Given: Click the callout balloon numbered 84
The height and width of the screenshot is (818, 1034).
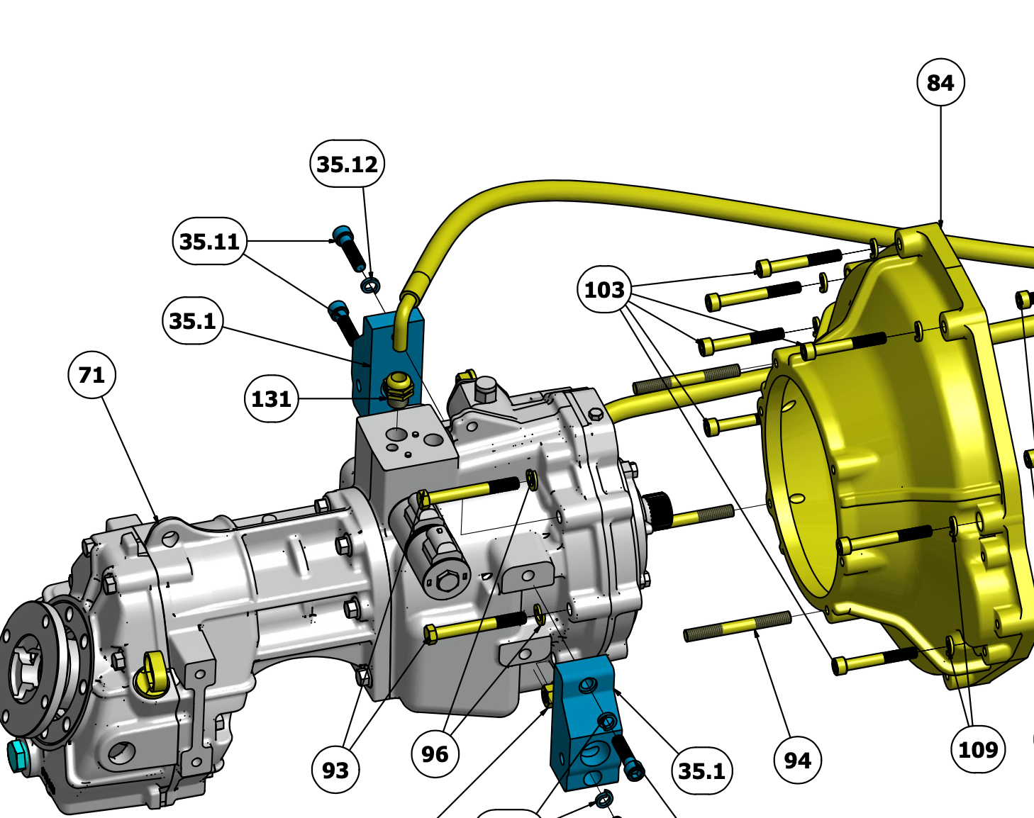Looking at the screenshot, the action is coord(940,82).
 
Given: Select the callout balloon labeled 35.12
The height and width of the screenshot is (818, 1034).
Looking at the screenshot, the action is coord(347,164).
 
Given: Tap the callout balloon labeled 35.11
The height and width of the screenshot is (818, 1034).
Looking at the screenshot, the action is coord(209,241).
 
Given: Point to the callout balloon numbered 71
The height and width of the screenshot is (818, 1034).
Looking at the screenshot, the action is coord(91,375).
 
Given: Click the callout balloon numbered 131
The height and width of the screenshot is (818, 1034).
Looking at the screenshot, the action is coord(271,398).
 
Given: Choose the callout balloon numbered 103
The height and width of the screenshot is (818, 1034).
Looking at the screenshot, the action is coord(604,289).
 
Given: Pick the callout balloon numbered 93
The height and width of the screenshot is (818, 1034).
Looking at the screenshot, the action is coord(335,771).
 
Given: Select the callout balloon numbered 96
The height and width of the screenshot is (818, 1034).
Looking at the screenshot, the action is coord(435,754).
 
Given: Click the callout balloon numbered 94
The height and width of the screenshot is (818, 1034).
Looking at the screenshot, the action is coord(798,761).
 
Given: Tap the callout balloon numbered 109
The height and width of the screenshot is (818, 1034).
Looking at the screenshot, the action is coord(978,749).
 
